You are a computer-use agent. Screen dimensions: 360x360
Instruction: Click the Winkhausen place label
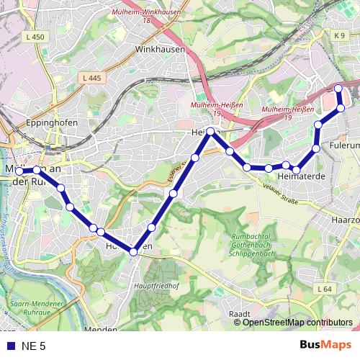click(x=161, y=50)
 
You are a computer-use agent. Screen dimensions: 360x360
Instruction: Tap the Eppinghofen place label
click(x=51, y=123)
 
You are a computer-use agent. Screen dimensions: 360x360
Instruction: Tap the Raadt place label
click(x=238, y=314)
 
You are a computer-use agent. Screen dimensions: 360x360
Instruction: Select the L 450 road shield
click(x=34, y=37)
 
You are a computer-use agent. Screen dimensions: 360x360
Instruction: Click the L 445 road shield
click(x=91, y=78)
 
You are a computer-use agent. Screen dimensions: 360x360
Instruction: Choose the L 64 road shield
click(x=325, y=289)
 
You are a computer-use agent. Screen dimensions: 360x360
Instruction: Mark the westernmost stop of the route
click(x=19, y=171)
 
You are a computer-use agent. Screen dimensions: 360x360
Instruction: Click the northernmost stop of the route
click(x=338, y=88)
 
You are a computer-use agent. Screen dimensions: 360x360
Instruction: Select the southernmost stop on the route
click(x=133, y=251)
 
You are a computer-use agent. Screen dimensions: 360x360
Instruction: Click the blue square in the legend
click(x=11, y=346)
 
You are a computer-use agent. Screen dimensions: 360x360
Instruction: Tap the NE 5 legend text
click(x=34, y=346)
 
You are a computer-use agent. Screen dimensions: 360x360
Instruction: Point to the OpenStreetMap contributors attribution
click(x=297, y=323)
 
